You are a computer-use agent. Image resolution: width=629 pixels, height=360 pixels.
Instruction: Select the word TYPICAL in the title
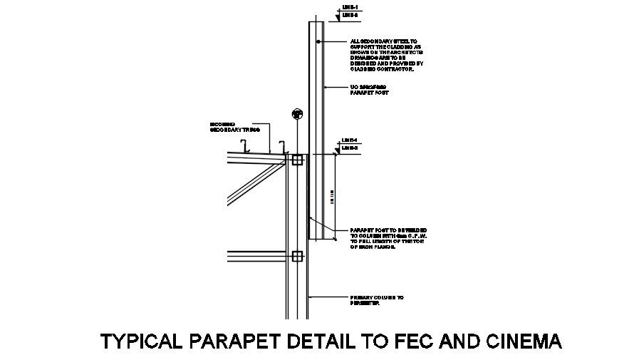[142, 341]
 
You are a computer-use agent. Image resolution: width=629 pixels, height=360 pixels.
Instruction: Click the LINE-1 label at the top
[349, 6]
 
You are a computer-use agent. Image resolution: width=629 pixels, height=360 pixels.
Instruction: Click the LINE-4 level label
[348, 140]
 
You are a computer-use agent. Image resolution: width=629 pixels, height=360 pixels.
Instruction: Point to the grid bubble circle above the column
[297, 113]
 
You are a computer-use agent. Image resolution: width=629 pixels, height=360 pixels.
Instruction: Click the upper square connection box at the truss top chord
[297, 160]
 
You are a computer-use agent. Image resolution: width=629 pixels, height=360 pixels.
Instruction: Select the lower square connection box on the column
[297, 256]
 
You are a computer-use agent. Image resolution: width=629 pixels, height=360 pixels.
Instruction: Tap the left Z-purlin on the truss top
[244, 147]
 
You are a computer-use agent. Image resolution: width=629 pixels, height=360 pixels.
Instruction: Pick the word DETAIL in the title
[313, 341]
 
